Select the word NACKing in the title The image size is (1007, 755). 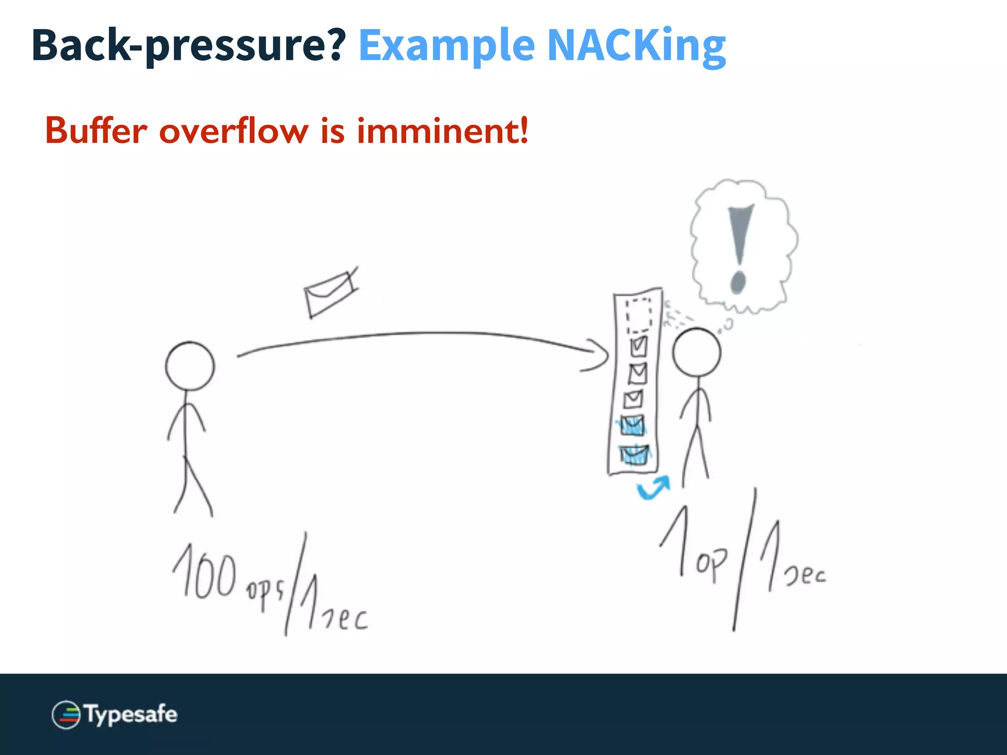click(x=636, y=45)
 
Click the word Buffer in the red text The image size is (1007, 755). click(x=96, y=131)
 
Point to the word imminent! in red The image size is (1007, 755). click(x=443, y=131)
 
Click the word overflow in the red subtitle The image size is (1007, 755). click(x=234, y=131)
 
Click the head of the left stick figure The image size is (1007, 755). click(x=190, y=366)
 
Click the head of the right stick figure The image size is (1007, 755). click(x=696, y=352)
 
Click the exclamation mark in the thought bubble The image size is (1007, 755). click(x=739, y=248)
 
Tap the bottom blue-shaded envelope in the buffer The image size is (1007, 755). click(x=634, y=455)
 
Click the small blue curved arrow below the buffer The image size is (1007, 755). click(x=653, y=488)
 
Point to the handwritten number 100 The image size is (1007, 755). click(x=204, y=573)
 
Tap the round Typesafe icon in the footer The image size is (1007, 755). click(x=66, y=715)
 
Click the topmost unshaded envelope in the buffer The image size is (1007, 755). click(x=639, y=346)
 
